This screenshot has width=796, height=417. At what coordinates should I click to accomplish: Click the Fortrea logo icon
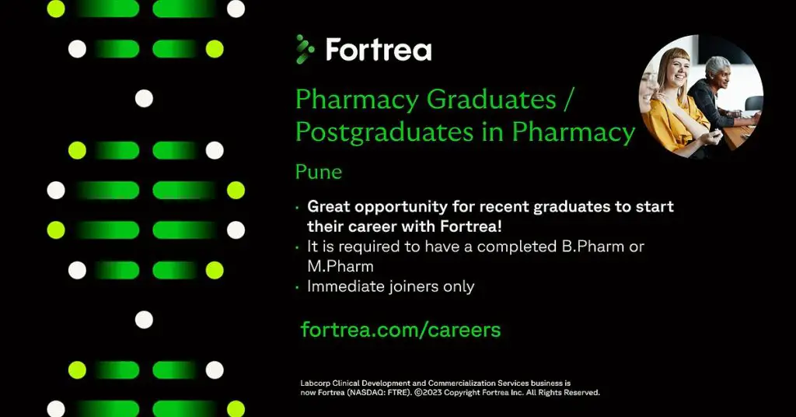click(x=305, y=49)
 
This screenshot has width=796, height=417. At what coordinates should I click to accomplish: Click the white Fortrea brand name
click(x=379, y=51)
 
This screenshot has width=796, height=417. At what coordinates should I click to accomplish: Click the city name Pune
click(x=319, y=172)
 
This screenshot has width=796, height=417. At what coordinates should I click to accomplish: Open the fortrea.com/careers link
click(x=400, y=329)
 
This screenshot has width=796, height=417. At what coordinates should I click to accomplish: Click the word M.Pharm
click(x=340, y=266)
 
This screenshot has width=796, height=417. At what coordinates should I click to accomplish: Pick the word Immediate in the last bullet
click(x=344, y=286)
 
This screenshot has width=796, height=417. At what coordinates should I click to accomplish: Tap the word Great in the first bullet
click(x=330, y=207)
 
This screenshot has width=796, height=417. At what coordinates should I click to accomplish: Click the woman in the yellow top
click(x=675, y=101)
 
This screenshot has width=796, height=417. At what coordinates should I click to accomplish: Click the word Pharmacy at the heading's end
click(x=574, y=132)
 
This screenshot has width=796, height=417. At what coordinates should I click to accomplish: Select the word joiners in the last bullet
click(x=412, y=286)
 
